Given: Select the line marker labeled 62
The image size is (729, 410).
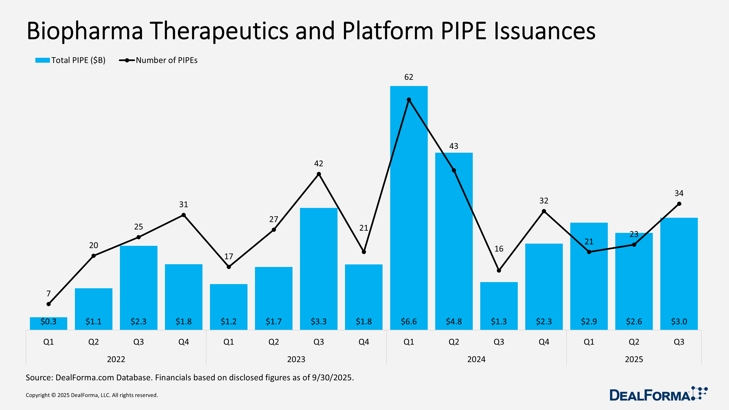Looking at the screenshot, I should pyautogui.click(x=409, y=100).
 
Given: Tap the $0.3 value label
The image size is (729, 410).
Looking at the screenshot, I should pyautogui.click(x=48, y=321).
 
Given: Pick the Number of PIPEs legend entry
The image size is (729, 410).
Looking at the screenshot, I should pyautogui.click(x=159, y=60).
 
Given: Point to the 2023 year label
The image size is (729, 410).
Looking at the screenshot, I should pyautogui.click(x=296, y=359).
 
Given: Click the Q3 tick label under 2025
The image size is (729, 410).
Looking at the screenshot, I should pyautogui.click(x=679, y=342).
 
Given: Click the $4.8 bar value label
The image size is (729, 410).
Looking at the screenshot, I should pyautogui.click(x=454, y=321).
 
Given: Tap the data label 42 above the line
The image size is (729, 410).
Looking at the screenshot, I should pyautogui.click(x=319, y=164).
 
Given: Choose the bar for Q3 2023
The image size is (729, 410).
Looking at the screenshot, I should pyautogui.click(x=319, y=269).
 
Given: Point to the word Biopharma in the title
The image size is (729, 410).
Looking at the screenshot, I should pyautogui.click(x=85, y=31).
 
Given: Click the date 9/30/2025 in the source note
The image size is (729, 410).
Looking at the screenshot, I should pyautogui.click(x=333, y=378).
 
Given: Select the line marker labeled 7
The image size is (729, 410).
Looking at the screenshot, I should pyautogui.click(x=48, y=304).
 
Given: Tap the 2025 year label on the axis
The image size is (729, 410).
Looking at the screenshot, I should pyautogui.click(x=634, y=359).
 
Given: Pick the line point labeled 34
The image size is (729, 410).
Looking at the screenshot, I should pyautogui.click(x=679, y=204).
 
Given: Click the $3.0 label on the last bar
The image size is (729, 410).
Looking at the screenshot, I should pyautogui.click(x=679, y=321).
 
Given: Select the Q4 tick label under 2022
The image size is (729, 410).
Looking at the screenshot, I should pyautogui.click(x=183, y=342).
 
